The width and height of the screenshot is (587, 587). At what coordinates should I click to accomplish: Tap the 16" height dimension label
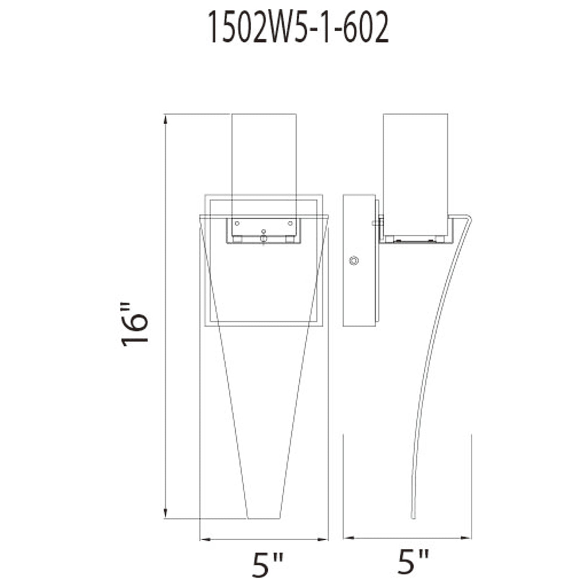click(x=135, y=324)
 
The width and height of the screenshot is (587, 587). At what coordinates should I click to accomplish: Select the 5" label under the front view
click(x=267, y=563)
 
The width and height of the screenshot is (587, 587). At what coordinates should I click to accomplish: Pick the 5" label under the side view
click(x=413, y=562)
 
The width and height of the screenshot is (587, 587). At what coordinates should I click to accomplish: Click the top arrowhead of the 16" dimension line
click(x=165, y=119)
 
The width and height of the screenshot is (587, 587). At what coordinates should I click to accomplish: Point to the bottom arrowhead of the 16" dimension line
click(x=165, y=514)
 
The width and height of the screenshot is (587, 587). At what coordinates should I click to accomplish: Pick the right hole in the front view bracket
click(x=290, y=223)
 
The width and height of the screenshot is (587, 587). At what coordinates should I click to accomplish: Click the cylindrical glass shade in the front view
click(x=264, y=162)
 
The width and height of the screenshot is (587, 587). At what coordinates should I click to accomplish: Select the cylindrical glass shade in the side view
click(x=416, y=171)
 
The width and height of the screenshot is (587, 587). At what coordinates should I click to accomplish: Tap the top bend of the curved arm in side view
click(x=468, y=219)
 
